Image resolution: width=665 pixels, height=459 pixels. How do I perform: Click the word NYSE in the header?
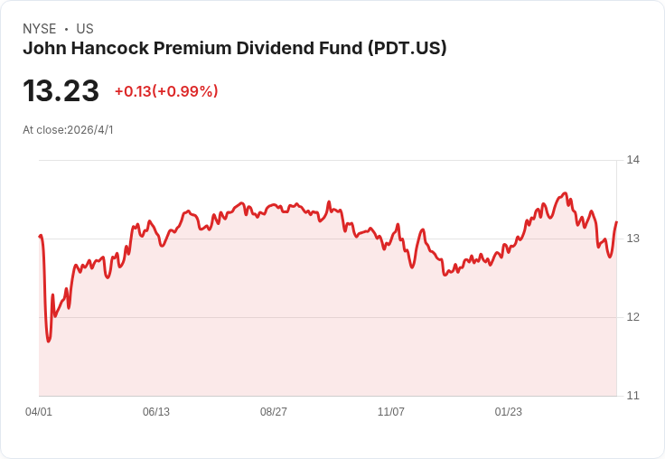(39, 29)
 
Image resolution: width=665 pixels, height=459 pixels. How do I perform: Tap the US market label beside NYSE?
(85, 29)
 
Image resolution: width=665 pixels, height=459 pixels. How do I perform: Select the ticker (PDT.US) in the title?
(407, 49)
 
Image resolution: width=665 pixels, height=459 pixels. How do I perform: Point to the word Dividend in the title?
(275, 49)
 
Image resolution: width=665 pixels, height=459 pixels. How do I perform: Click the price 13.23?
(61, 91)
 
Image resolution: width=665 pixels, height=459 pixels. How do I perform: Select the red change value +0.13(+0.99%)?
(166, 91)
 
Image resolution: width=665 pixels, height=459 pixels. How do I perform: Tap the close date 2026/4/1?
(90, 130)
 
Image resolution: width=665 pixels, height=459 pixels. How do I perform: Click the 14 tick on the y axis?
(632, 160)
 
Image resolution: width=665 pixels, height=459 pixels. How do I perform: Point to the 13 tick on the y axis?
(632, 239)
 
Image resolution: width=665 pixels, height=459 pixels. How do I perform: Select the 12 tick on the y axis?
(632, 317)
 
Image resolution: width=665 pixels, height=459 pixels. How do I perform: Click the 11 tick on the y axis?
(632, 396)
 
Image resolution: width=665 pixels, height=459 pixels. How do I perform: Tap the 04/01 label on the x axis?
(39, 412)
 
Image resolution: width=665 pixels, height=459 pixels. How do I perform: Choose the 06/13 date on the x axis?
(156, 412)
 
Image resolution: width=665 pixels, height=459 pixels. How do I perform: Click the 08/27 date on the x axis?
(274, 412)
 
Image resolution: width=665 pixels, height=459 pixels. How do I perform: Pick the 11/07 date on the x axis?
(391, 412)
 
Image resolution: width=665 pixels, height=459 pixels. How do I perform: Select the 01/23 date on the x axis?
(509, 412)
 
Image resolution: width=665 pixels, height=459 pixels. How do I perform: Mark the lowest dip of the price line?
(49, 342)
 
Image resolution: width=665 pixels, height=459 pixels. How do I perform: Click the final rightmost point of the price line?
(616, 222)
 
